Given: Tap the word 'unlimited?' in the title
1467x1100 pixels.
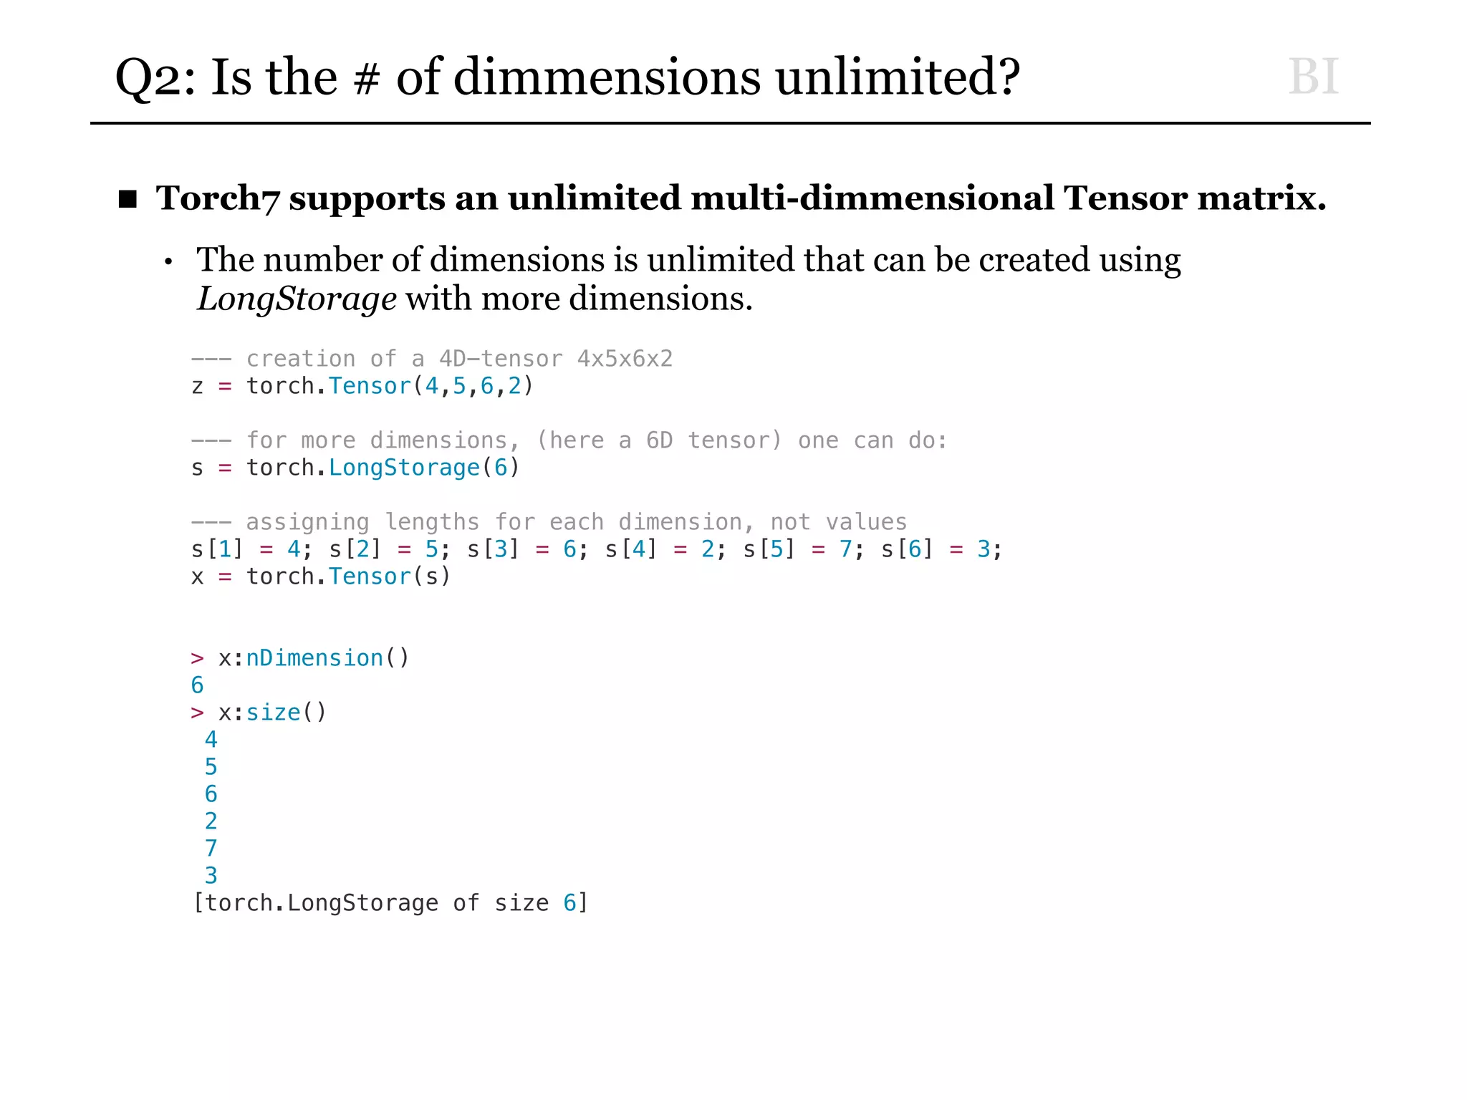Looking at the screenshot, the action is tap(898, 77).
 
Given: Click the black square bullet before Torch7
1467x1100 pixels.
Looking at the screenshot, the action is tap(128, 199).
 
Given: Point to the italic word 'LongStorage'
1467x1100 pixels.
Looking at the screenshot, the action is tap(297, 299).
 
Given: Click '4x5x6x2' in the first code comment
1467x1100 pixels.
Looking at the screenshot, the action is tap(625, 358).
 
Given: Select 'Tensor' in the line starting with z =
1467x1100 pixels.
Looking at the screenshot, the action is tap(370, 386).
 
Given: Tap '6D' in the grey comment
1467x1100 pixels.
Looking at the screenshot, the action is tap(659, 440).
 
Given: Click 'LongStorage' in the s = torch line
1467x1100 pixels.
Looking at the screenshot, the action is tap(404, 468).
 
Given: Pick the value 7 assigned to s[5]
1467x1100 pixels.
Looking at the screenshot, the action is tap(845, 549).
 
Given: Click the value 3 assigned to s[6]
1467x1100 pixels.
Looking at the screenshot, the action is tap(983, 549).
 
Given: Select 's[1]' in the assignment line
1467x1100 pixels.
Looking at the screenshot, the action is tap(217, 549).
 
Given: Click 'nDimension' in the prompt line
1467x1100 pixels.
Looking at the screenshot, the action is tap(314, 658).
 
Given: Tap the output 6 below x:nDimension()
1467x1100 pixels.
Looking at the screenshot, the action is tap(198, 685).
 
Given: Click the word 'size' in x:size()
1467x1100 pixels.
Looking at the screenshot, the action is tap(273, 713).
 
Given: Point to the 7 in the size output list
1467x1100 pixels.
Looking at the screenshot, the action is tap(211, 849).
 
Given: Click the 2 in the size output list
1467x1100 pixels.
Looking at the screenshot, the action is tap(211, 821).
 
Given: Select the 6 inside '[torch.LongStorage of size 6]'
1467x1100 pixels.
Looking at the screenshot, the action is tap(569, 903).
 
